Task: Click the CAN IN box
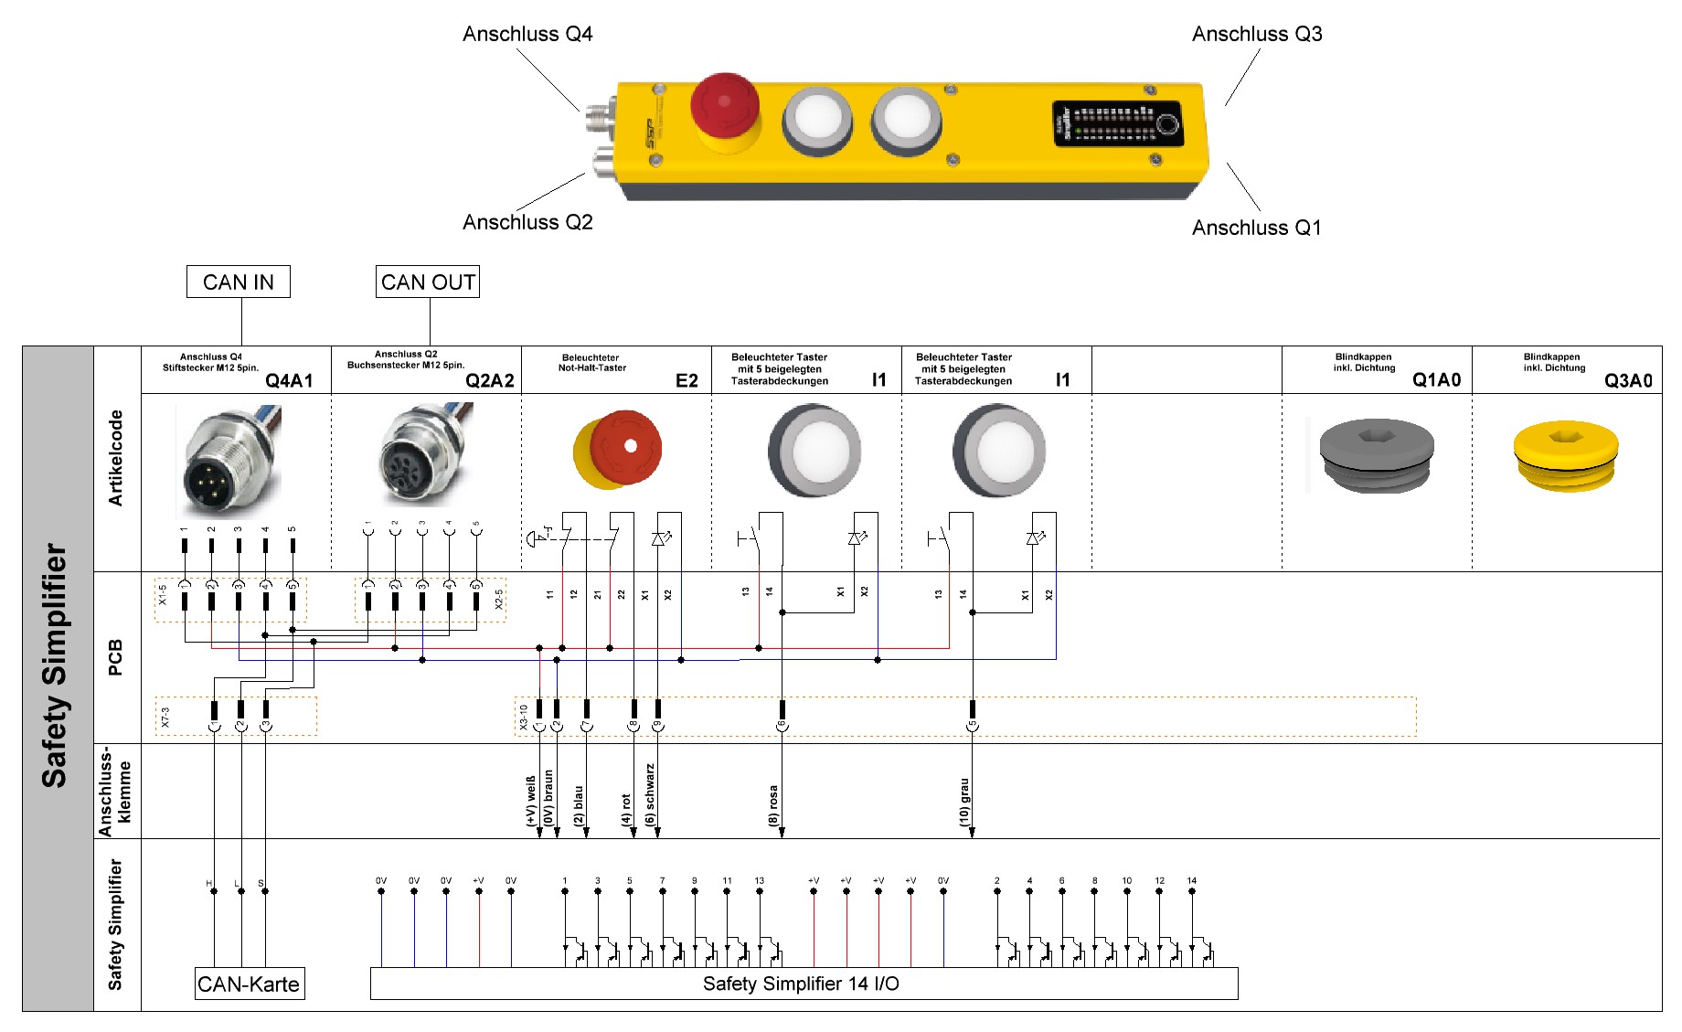click(238, 282)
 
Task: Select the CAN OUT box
click(428, 282)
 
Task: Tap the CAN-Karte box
click(249, 984)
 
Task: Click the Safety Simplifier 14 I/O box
click(802, 984)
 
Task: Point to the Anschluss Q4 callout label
click(527, 35)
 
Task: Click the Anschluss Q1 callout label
click(1256, 228)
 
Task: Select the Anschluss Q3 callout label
click(1257, 35)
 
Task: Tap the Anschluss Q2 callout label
click(527, 222)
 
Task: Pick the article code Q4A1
click(289, 380)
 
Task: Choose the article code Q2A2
click(489, 380)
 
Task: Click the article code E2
click(687, 380)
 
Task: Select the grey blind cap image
click(1376, 454)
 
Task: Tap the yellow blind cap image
click(1565, 455)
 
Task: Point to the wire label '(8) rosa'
click(773, 805)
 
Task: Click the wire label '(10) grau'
click(964, 802)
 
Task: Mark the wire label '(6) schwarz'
click(650, 795)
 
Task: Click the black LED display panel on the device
click(1118, 123)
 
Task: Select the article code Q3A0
click(1628, 380)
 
